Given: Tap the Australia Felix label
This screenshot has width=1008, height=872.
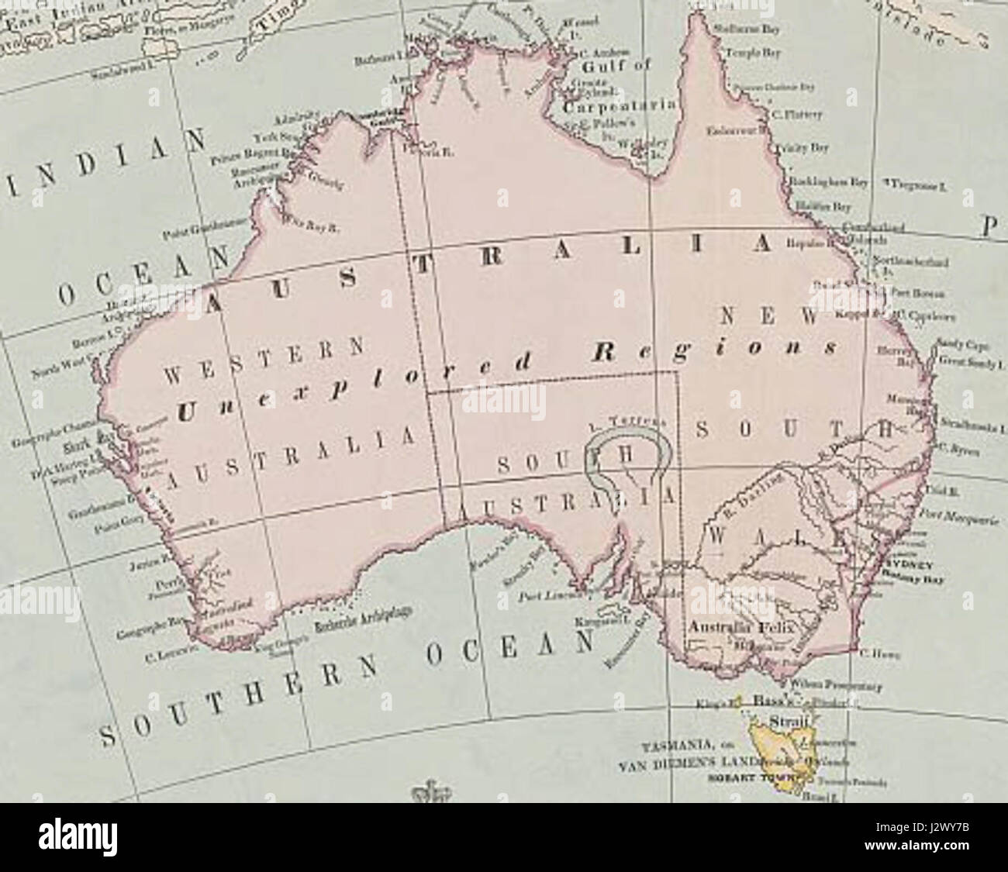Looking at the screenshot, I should pos(741,626).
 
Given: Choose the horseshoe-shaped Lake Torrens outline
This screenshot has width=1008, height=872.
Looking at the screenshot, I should pos(628,461).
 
